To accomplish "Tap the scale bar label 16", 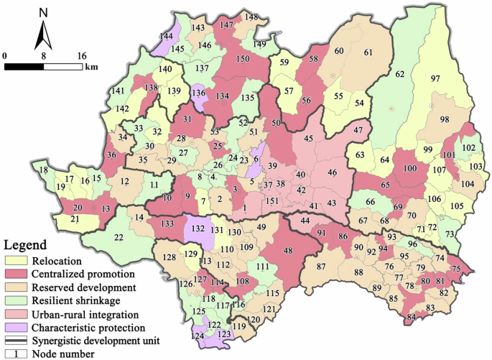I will (81, 55).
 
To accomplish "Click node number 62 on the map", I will (400, 74).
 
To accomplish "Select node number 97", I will (435, 78).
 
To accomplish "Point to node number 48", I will (288, 251).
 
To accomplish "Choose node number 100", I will (409, 168).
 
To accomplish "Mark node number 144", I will (167, 36).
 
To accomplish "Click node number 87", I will (321, 267).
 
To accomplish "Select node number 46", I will (332, 173).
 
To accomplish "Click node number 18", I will (44, 170).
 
